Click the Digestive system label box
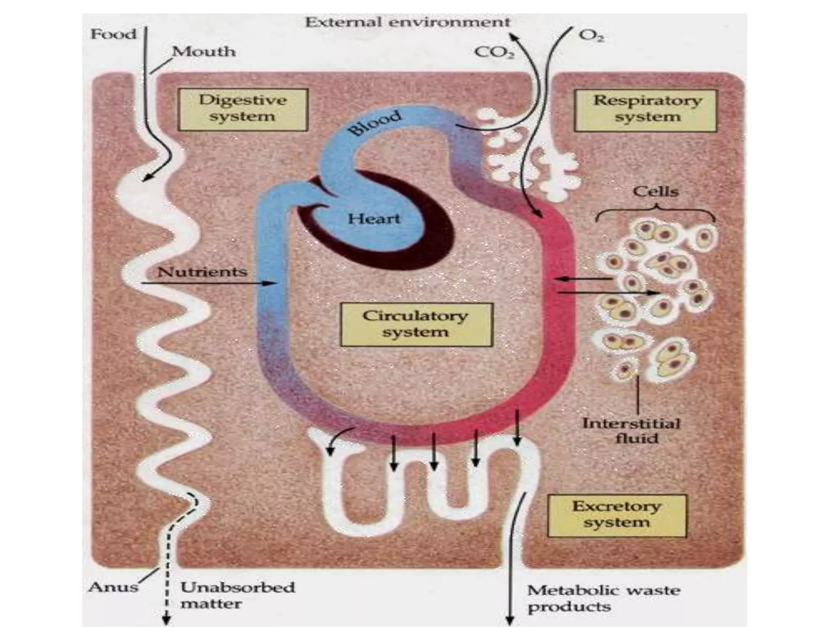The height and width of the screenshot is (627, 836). [x=243, y=109]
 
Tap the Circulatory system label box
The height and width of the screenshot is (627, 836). [x=416, y=325]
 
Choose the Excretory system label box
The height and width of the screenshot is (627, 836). [x=616, y=516]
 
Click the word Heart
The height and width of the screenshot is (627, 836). [x=374, y=219]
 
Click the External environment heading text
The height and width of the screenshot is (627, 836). [x=408, y=22]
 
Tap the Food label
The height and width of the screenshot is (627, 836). [x=113, y=34]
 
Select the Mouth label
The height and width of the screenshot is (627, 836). [x=204, y=52]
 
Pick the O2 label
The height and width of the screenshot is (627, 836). [x=591, y=36]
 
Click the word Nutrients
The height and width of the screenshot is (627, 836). [x=202, y=272]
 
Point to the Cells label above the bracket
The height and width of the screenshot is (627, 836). [x=656, y=191]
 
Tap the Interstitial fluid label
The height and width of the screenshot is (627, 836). [x=631, y=431]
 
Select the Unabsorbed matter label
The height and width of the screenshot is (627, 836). [x=237, y=595]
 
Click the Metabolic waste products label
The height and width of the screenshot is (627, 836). [x=603, y=598]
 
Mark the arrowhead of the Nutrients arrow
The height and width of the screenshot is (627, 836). [x=271, y=283]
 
